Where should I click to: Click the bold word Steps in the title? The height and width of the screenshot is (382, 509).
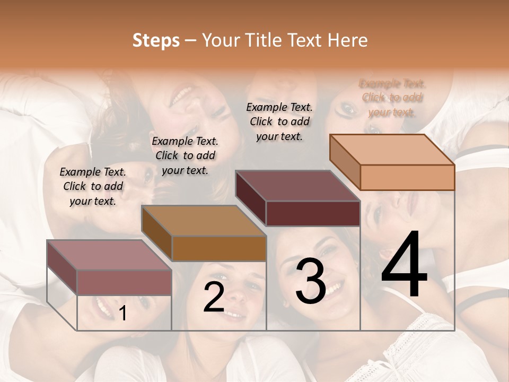pos(156,40)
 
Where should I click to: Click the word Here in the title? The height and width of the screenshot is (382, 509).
pos(347,40)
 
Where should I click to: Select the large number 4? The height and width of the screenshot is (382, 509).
pos(404,265)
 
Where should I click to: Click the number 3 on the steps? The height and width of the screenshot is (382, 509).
pos(311,282)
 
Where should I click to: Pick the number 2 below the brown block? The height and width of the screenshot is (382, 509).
pos(214,297)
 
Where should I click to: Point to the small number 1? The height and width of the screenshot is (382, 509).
pos(122,314)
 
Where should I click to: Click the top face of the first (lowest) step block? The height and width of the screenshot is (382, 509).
pos(109,255)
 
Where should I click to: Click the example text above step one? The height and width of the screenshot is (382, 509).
pos(93,186)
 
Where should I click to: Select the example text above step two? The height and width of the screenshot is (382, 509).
pos(185,155)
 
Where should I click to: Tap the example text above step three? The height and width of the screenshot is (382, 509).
pos(279,121)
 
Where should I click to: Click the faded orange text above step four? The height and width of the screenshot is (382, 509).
pos(392,98)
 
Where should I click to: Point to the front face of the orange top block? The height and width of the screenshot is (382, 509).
pos(407,177)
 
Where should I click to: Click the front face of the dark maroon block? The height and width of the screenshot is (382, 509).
pos(313,213)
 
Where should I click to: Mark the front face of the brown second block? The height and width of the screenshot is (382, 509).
pos(218,248)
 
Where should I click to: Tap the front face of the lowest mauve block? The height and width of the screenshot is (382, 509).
pos(124,282)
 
